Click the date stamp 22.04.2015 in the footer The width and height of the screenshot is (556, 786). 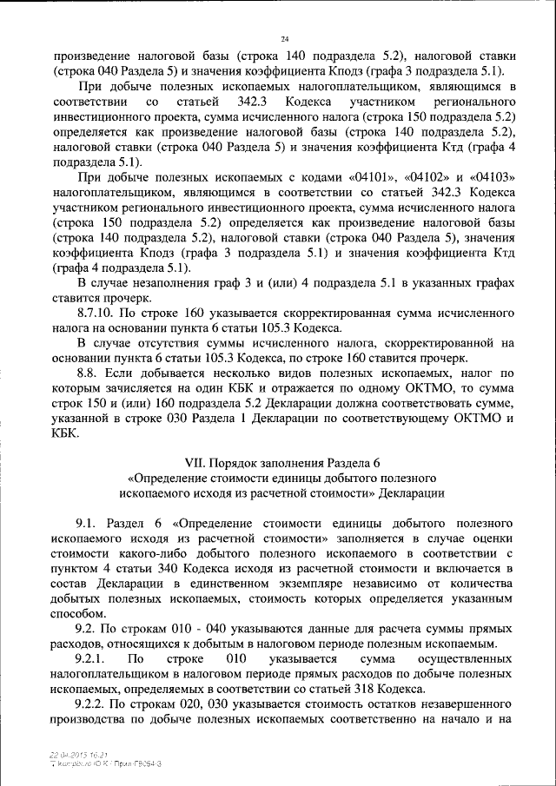[71, 756]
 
